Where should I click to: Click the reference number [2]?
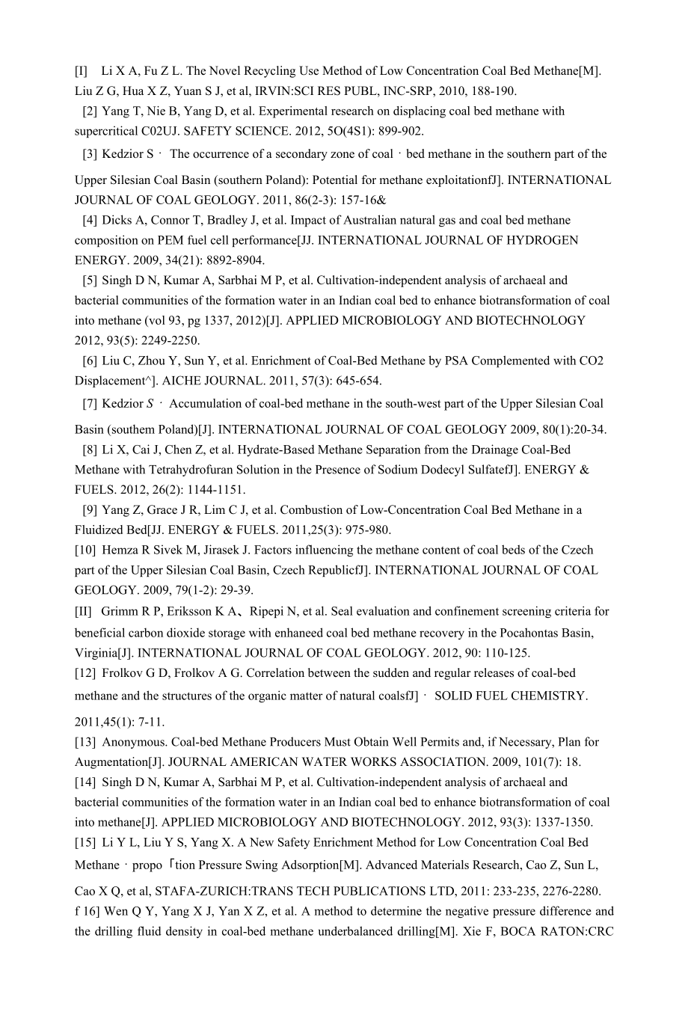click(90, 111)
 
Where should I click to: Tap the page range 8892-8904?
click(231, 260)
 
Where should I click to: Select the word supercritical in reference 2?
click(106, 132)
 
